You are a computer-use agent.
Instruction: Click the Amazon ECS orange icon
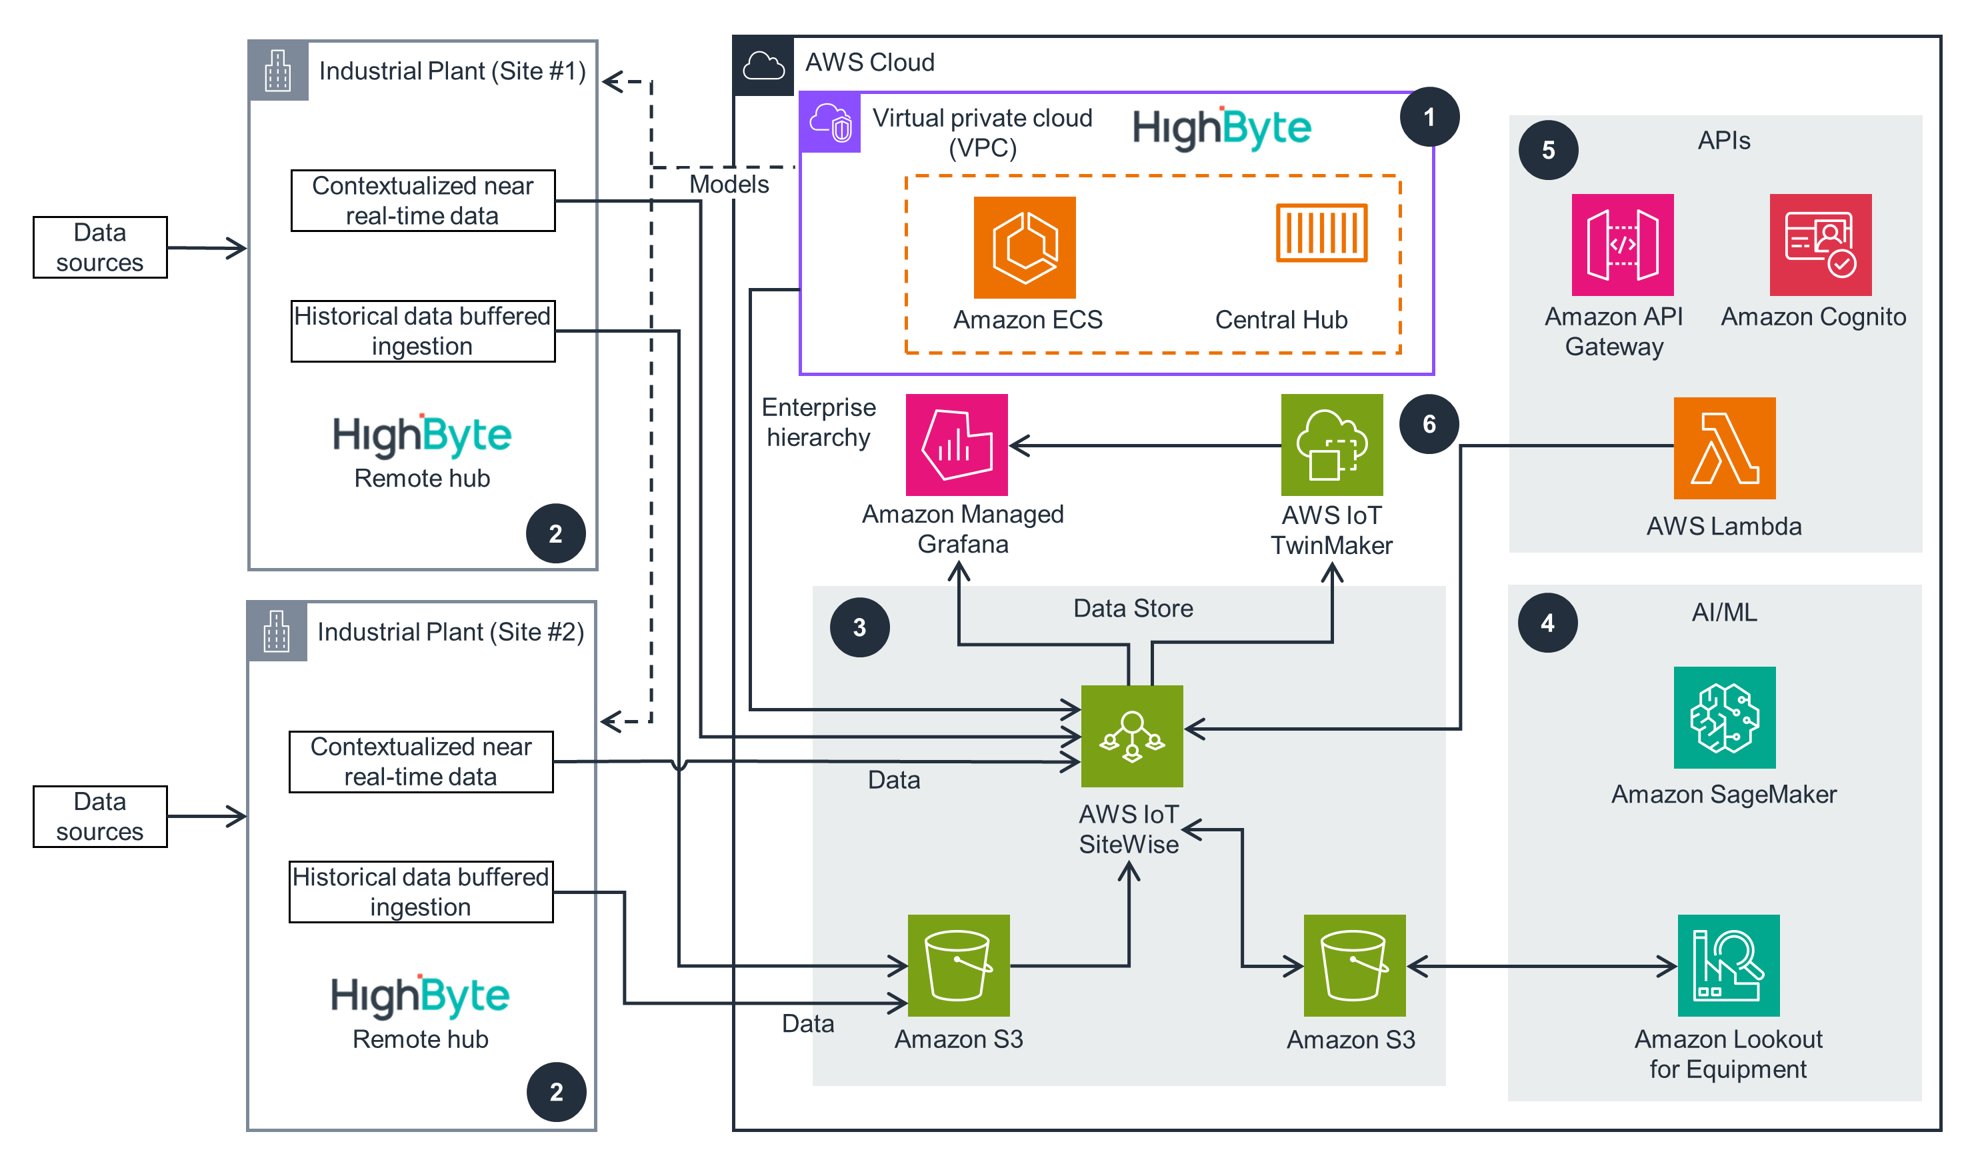pyautogui.click(x=1024, y=247)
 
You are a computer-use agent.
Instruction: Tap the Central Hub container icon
pyautogui.click(x=1321, y=233)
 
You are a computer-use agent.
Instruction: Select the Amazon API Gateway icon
pyautogui.click(x=1621, y=245)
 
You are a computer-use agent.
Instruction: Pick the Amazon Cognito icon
pyautogui.click(x=1820, y=245)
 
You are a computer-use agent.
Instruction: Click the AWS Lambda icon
pyautogui.click(x=1723, y=447)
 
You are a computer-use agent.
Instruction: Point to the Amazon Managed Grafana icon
pyautogui.click(x=956, y=444)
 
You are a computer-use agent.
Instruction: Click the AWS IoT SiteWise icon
pyautogui.click(x=1131, y=735)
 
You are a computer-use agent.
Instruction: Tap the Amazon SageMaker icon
pyautogui.click(x=1723, y=717)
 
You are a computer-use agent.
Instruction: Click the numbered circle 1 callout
pyautogui.click(x=1429, y=117)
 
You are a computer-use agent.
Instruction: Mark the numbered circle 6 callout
pyautogui.click(x=1429, y=424)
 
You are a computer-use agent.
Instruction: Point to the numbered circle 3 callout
pyautogui.click(x=859, y=627)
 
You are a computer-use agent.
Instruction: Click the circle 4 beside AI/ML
pyautogui.click(x=1547, y=623)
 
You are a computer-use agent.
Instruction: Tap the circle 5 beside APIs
pyautogui.click(x=1548, y=149)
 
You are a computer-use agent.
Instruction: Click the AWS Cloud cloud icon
pyautogui.click(x=763, y=66)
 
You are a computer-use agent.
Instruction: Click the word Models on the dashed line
pyautogui.click(x=729, y=184)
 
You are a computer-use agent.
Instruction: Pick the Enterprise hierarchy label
pyautogui.click(x=818, y=421)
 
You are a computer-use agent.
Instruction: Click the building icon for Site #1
pyautogui.click(x=277, y=71)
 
